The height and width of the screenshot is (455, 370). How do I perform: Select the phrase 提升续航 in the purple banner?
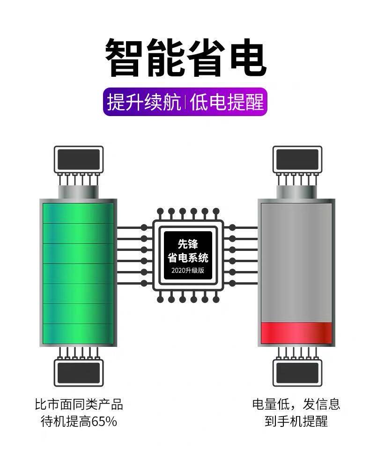pyautogui.click(x=144, y=102)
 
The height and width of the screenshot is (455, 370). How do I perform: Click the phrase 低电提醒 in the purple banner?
pyautogui.click(x=227, y=102)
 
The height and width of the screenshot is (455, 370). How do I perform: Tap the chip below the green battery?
pyautogui.click(x=78, y=373)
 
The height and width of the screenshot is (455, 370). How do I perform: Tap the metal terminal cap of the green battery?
pyautogui.click(x=78, y=191)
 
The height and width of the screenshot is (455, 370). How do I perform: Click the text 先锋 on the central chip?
pyautogui.click(x=188, y=244)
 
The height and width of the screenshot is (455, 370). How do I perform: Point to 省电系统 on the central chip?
pyautogui.click(x=188, y=257)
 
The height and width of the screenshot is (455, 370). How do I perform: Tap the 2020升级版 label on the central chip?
pyautogui.click(x=188, y=271)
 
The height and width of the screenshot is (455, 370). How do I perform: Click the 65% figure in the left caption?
pyautogui.click(x=104, y=421)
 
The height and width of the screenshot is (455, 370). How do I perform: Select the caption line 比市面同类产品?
pyautogui.click(x=79, y=404)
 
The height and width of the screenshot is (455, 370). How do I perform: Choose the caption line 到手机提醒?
pyautogui.click(x=296, y=421)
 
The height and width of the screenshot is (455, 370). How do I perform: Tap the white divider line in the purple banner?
pyautogui.click(x=185, y=102)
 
